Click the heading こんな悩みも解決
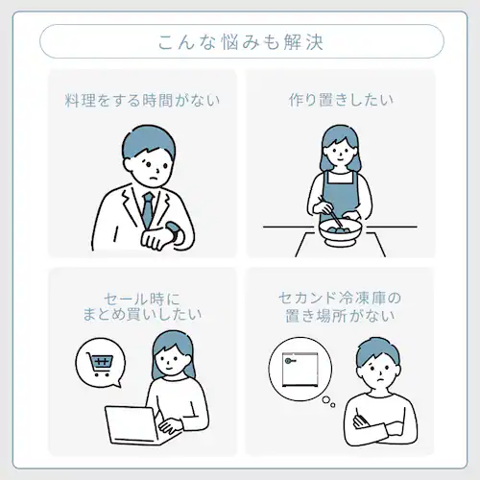tap(241, 42)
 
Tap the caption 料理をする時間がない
tap(142, 100)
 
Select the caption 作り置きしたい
tap(341, 100)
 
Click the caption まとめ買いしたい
tap(142, 314)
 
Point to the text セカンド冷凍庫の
tap(340, 299)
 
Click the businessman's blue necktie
tap(148, 209)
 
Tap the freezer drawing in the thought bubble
tap(300, 369)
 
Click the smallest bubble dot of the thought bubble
tap(333, 405)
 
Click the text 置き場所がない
tap(340, 315)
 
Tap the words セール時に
tap(142, 300)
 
